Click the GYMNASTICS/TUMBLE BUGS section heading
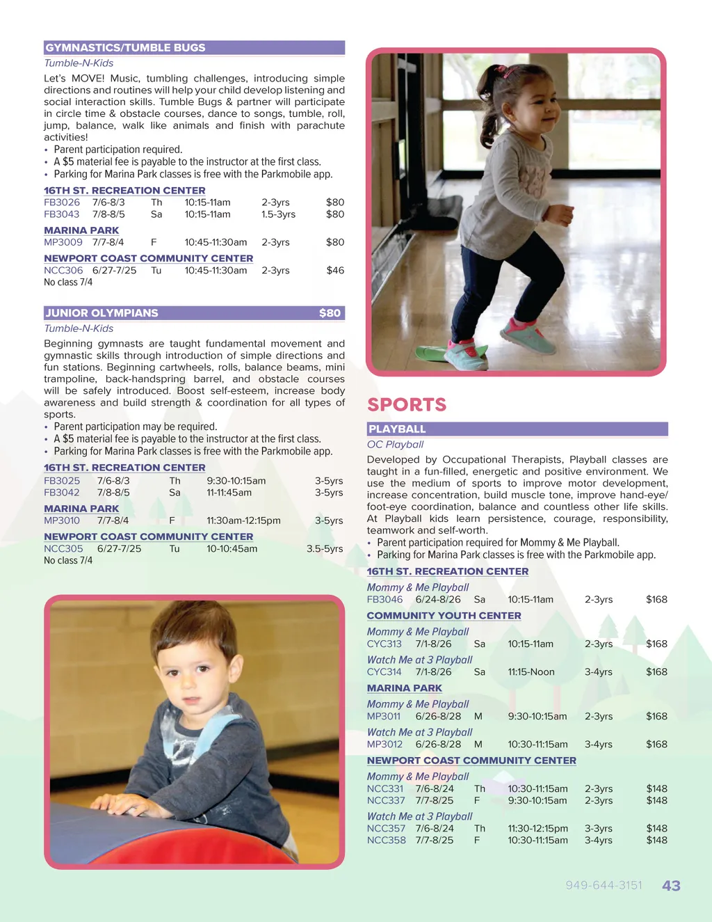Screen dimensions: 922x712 pos(126,48)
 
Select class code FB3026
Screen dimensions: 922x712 pos(62,202)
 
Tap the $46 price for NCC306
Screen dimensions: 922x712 pos(335,270)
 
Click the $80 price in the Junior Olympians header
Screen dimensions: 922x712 pos(330,313)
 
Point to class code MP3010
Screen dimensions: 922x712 pos(62,520)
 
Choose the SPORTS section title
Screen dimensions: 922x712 pos(407,404)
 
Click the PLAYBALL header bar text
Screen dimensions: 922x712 pos(397,429)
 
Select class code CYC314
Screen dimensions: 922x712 pos(385,672)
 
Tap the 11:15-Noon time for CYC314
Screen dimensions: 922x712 pos(531,672)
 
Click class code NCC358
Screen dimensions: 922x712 pos(387,841)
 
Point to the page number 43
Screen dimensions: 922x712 pos(671,886)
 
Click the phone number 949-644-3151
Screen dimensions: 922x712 pos(604,885)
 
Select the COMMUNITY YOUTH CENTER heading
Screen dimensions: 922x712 pos(444,616)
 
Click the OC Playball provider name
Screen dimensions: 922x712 pos(395,445)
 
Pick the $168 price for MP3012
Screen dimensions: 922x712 pos(656,745)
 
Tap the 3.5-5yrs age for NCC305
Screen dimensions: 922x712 pos(325,549)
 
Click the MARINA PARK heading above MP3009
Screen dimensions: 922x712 pos(81,230)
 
